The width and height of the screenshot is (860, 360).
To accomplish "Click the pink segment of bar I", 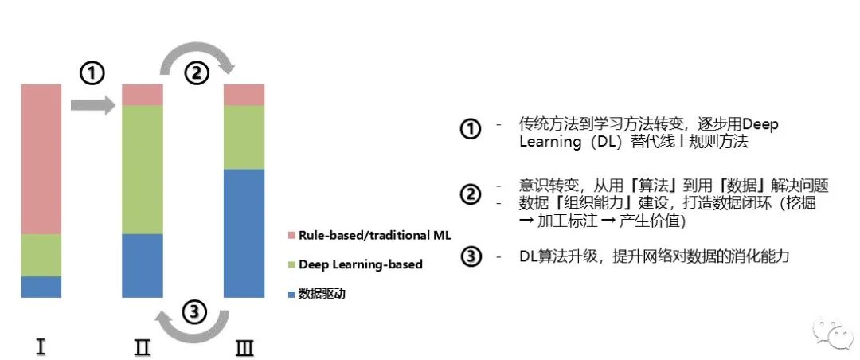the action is [41, 158].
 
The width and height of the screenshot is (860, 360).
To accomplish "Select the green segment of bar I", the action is [41, 255].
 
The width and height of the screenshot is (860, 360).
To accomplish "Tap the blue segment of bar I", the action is [41, 287].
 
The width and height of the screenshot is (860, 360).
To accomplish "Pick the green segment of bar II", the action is [142, 169].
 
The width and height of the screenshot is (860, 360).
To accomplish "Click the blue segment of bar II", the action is [142, 265].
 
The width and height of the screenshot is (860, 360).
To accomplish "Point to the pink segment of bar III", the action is [244, 95].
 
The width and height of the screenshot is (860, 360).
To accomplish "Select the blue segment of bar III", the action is [244, 233].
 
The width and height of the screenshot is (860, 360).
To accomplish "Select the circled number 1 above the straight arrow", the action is [92, 74].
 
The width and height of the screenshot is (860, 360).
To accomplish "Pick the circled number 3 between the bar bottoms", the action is [193, 311].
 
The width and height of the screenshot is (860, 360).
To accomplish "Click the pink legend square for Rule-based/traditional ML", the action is [291, 236].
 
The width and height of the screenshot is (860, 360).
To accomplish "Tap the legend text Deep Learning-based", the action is [360, 264].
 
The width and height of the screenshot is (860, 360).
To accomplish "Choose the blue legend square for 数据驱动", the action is [291, 294].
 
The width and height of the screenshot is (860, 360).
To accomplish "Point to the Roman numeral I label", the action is [40, 346].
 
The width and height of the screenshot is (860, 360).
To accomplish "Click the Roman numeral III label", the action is [244, 346].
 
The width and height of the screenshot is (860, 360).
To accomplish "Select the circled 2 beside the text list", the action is [471, 194].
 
